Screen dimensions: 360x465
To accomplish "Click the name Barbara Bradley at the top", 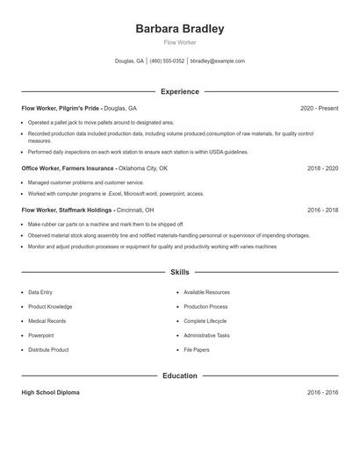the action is (179, 29).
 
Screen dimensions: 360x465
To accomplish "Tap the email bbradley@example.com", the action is (217, 61).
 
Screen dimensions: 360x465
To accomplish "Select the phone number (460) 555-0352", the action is (167, 61).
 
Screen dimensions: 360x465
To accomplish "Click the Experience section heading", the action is (179, 91).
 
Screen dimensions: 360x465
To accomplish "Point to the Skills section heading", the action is (179, 273).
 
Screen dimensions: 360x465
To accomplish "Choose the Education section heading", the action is (179, 376).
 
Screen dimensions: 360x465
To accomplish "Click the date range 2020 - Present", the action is (319, 108).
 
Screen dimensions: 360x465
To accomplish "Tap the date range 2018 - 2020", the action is (322, 168).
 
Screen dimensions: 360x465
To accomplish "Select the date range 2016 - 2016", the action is (322, 392).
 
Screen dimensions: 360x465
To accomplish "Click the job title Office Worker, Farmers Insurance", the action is (68, 168).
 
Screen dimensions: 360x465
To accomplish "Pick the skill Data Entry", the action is (40, 291).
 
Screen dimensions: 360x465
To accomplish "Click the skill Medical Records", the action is (46, 320).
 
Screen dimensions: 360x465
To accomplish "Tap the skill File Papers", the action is (196, 349).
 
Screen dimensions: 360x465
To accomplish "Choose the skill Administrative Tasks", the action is (206, 335).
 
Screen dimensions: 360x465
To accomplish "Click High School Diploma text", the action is (50, 392).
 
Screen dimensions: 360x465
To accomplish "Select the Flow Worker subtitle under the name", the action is (179, 42).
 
